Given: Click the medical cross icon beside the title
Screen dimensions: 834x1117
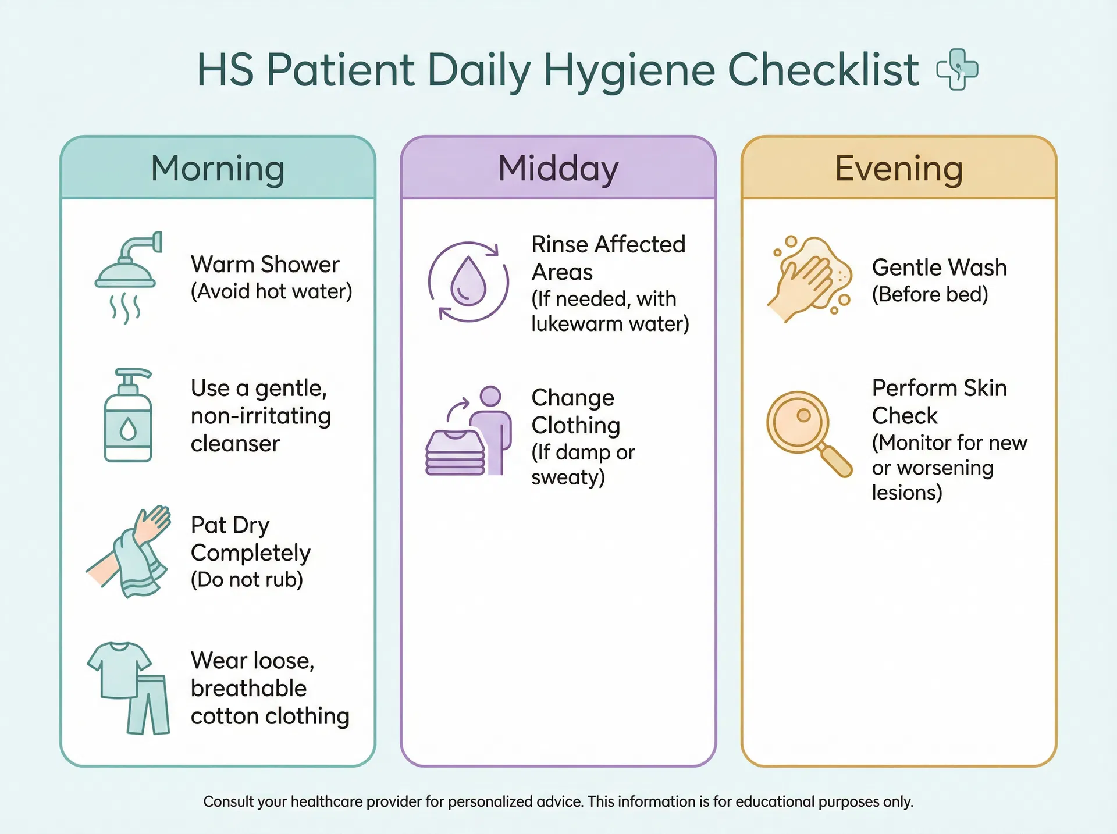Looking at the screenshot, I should [x=957, y=70].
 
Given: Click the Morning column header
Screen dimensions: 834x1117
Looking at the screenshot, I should [x=218, y=169].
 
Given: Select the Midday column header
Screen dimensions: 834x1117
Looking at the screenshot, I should [x=558, y=169].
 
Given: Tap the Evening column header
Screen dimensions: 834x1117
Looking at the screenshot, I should [x=899, y=169].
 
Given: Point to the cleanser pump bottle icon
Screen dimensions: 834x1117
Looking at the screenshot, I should [x=129, y=415].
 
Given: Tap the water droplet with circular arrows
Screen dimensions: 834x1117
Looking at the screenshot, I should [x=468, y=281].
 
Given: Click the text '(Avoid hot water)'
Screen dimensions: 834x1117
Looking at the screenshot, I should [x=271, y=291].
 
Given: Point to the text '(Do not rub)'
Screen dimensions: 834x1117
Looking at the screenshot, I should [x=247, y=580].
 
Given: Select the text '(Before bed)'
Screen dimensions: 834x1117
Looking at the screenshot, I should [x=930, y=294].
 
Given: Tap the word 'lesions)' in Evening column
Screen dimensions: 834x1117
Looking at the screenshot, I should [x=906, y=493].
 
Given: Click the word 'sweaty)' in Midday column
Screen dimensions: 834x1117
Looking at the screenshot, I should [x=568, y=477].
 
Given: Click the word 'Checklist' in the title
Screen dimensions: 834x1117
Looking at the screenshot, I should [x=823, y=70].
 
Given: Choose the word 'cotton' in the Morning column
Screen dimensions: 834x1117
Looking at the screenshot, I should [x=225, y=716].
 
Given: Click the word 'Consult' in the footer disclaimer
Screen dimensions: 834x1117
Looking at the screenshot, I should [x=229, y=801].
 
